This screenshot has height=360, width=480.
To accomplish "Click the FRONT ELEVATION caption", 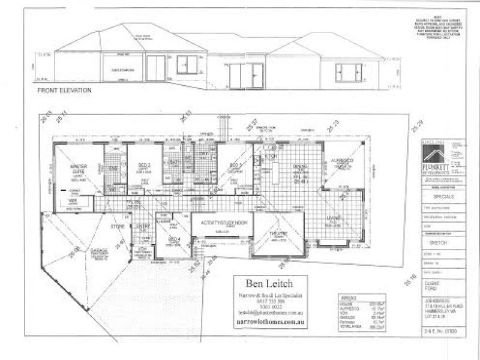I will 64,91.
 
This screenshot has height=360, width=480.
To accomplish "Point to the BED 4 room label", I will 173,239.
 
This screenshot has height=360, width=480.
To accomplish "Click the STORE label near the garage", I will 116,228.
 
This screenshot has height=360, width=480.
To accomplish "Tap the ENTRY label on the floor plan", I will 143,226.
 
